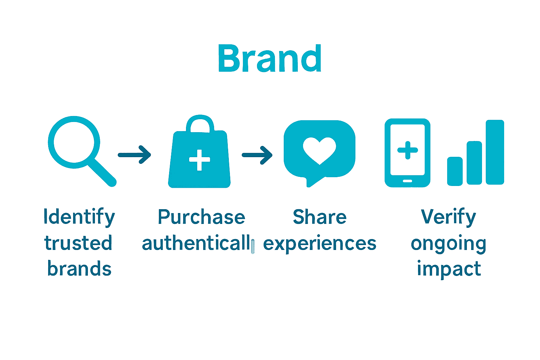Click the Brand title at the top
click(270, 59)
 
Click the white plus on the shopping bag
click(199, 160)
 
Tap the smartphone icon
click(407, 153)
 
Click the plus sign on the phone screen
click(407, 150)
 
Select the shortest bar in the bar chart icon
click(455, 171)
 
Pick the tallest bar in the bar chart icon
click(495, 152)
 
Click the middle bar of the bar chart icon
click(474, 163)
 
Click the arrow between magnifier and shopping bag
click(135, 155)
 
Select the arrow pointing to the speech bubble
click(257, 155)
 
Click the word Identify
click(79, 217)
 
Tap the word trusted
click(78, 243)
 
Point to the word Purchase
click(201, 217)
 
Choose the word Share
click(320, 217)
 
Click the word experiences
click(320, 244)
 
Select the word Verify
click(448, 217)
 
